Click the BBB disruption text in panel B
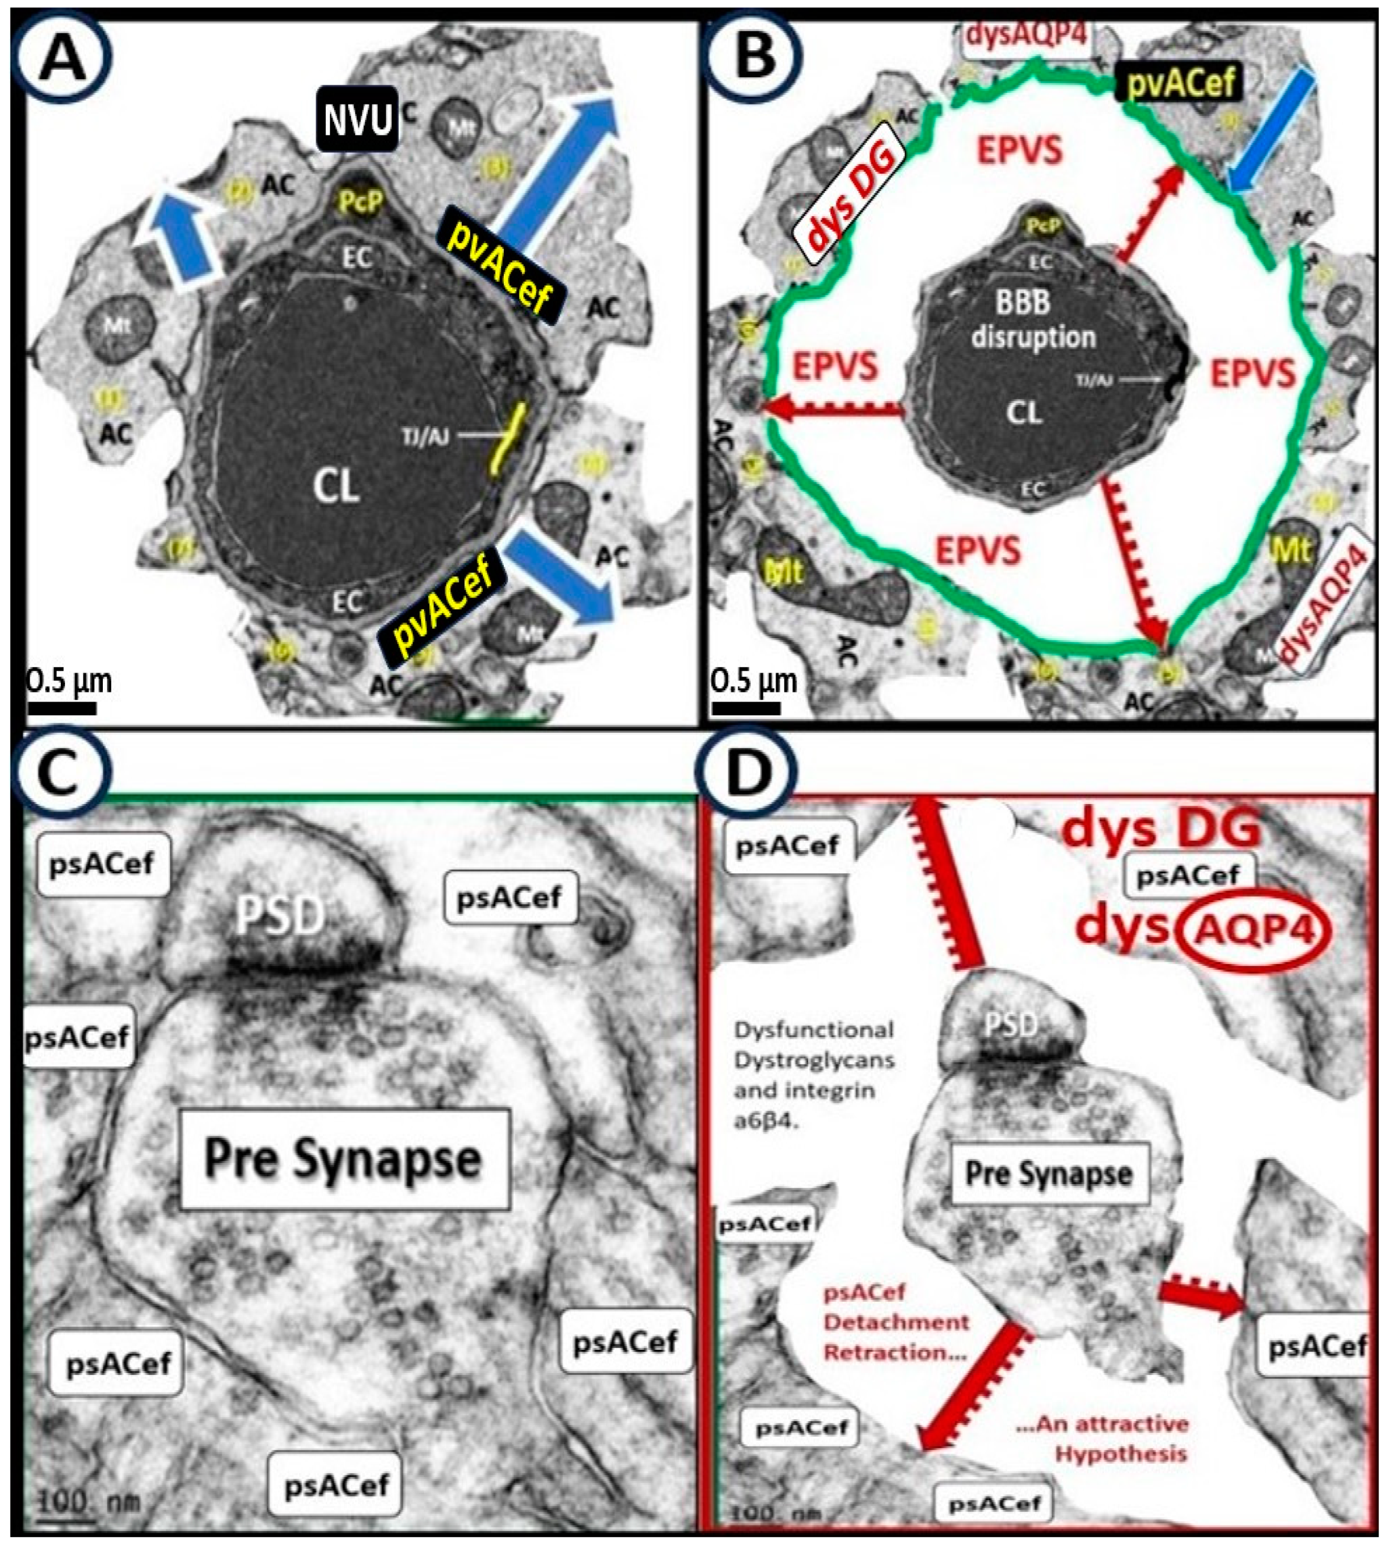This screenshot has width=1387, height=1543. coord(1033,320)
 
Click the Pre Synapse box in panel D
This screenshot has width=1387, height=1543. coord(1050,1174)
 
